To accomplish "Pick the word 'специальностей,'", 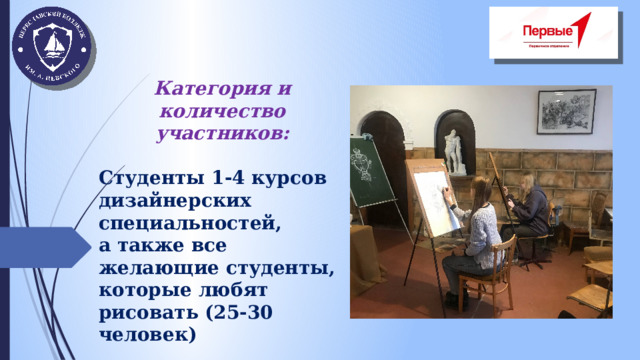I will [x=190, y=223].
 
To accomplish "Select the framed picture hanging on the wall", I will [x=566, y=111].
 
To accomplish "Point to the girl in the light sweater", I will [x=479, y=230].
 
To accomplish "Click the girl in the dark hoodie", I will [x=529, y=210].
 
